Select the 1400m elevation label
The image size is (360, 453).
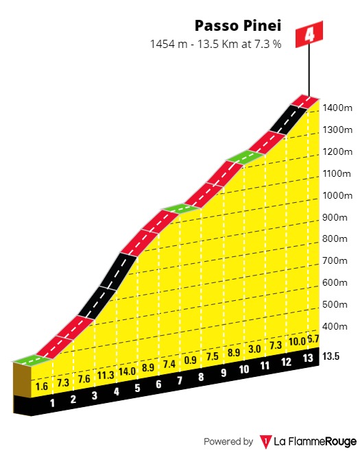(x=338, y=108)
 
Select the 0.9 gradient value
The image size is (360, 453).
(x=191, y=360)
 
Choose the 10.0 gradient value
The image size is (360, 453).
(x=296, y=342)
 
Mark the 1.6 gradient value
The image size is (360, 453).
(x=41, y=387)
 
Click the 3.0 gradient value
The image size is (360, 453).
(x=254, y=350)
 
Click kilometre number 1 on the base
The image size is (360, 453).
(x=52, y=403)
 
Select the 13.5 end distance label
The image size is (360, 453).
(x=333, y=356)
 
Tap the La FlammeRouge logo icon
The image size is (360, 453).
(x=265, y=441)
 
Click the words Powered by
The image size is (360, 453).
(x=228, y=441)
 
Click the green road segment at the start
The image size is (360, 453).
(x=30, y=358)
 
